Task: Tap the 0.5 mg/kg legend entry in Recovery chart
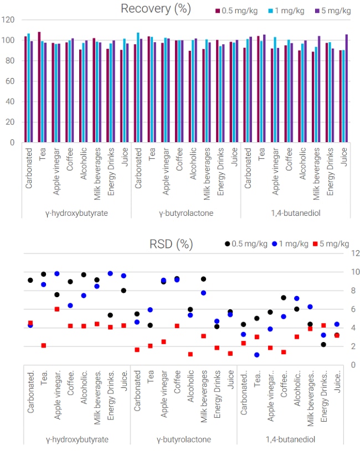click(235, 11)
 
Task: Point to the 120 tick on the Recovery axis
click(8, 19)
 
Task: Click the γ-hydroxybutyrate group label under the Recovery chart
click(76, 212)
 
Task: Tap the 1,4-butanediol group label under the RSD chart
click(291, 439)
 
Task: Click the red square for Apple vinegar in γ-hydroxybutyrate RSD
click(57, 309)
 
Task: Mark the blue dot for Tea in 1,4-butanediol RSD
click(257, 355)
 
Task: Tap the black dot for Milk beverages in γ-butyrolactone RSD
click(204, 279)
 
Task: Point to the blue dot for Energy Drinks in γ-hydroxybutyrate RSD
click(110, 273)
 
